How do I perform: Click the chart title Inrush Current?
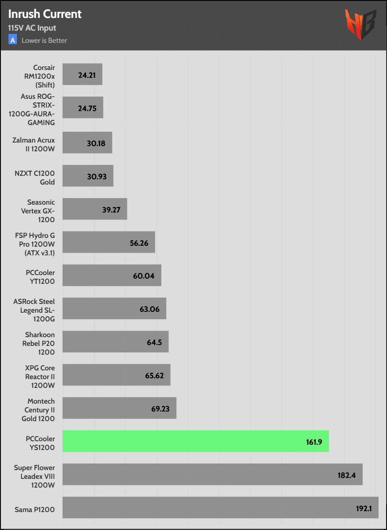coord(45,14)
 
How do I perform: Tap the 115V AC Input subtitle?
coord(32,28)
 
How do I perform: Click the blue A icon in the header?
coord(13,40)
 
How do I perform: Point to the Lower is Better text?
coord(44,41)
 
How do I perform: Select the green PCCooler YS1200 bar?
coord(195,441)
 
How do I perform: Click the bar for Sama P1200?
coord(220,508)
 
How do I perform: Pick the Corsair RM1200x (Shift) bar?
coord(82,74)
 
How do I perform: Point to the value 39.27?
coord(111,209)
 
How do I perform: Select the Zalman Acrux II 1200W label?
coord(35,143)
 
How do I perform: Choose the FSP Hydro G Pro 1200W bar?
coord(108,242)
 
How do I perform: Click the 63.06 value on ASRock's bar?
coord(150,309)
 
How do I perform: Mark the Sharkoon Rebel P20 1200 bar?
coord(115,342)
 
